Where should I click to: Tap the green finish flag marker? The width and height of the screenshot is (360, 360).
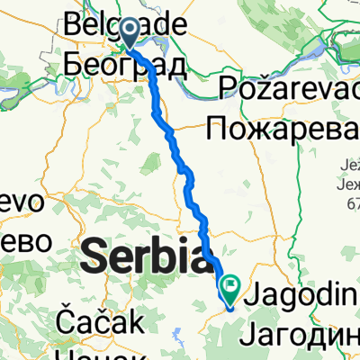[x=232, y=291]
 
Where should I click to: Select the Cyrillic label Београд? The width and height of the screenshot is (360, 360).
[x=126, y=65]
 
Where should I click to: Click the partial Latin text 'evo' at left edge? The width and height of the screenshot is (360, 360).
[x=19, y=203]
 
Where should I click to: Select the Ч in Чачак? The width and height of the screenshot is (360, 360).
[x=61, y=353]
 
